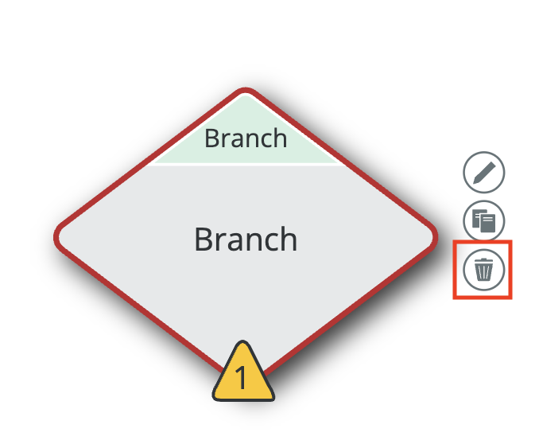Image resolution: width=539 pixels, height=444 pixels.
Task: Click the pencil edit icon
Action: click(x=483, y=173)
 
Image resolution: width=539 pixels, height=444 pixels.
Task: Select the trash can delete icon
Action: click(x=483, y=270)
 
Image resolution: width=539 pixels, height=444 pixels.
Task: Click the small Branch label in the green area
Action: click(x=246, y=138)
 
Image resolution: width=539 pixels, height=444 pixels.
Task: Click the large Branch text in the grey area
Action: click(x=246, y=239)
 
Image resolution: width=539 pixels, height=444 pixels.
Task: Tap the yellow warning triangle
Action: click(x=243, y=376)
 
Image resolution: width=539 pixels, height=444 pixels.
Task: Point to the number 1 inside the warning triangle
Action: click(x=242, y=380)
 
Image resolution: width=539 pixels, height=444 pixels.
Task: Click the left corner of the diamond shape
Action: click(x=57, y=237)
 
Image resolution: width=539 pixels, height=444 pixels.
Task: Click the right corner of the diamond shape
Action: click(x=435, y=237)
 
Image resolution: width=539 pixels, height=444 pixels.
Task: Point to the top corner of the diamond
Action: click(x=246, y=92)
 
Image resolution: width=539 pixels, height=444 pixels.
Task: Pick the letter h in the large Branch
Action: click(x=289, y=238)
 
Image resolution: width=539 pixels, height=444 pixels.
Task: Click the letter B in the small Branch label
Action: click(x=211, y=138)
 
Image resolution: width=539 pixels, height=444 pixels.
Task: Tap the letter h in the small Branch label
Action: click(x=279, y=138)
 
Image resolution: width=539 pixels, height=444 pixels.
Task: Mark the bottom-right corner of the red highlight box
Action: click(x=510, y=298)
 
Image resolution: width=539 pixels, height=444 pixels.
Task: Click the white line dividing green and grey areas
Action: click(x=246, y=165)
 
